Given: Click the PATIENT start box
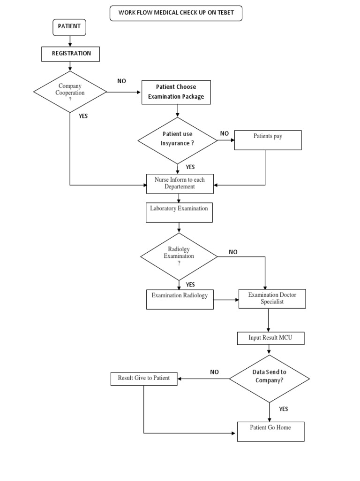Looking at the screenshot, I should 69,27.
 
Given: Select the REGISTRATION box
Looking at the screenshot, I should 71,54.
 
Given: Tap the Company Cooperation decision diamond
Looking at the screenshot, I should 70,92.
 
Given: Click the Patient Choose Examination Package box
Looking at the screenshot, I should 176,92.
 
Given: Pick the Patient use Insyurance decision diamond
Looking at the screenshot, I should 177,140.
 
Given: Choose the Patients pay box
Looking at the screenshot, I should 268,140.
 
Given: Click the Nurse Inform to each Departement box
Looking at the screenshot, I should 180,183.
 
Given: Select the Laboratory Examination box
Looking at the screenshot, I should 179,212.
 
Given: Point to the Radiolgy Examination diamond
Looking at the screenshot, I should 179,256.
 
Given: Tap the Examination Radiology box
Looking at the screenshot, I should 180,299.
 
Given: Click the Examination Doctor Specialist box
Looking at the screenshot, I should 272,298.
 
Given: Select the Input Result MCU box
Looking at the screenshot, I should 270,338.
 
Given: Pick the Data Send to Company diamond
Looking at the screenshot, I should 269,378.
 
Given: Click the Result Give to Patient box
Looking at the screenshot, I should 144,379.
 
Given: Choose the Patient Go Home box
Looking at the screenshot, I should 270,431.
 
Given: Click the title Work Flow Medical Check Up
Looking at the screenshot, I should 176,13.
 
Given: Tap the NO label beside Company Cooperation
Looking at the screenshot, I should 122,81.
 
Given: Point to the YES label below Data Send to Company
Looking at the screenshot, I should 284,409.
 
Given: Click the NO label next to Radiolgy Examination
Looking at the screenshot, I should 233,252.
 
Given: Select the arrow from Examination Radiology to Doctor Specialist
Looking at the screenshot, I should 226,299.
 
